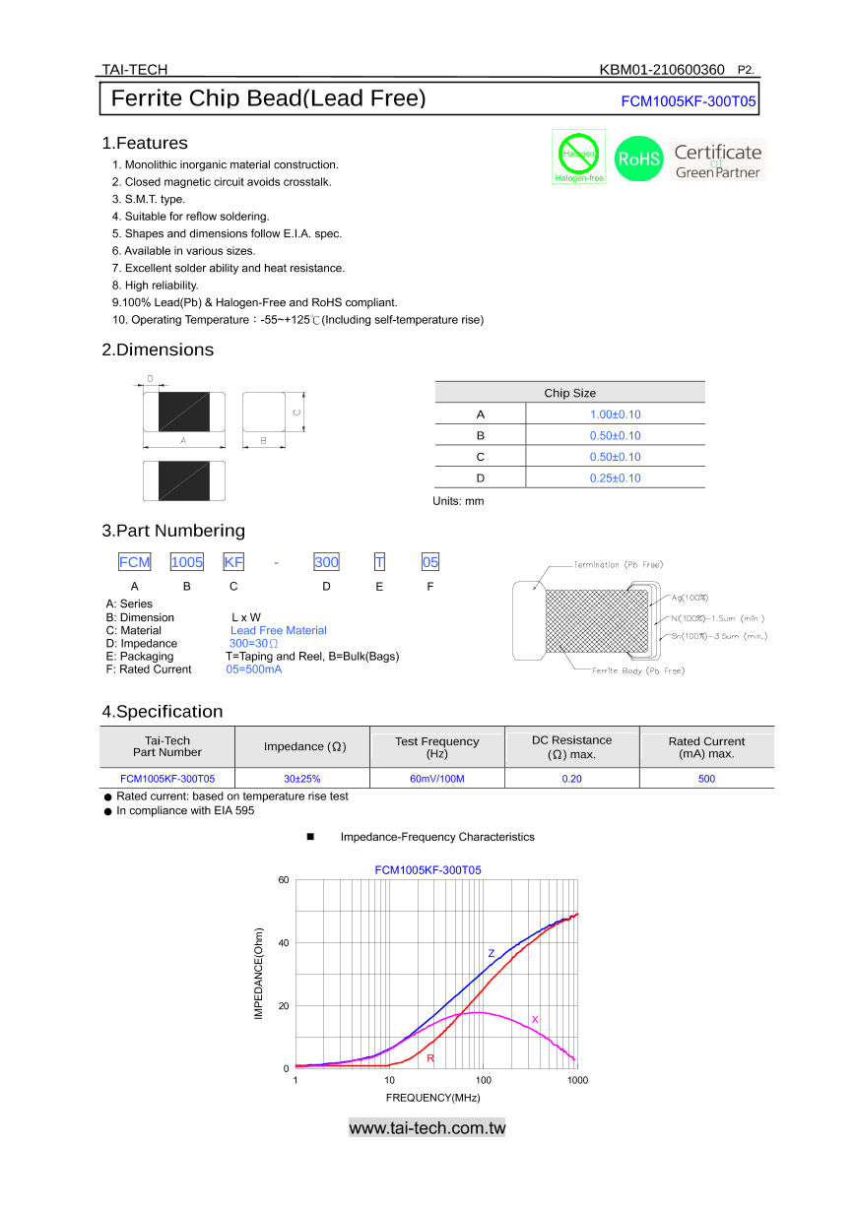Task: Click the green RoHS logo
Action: point(638,159)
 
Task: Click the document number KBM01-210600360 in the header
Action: point(661,69)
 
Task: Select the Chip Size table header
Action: point(569,393)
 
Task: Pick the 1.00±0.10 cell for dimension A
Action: point(615,414)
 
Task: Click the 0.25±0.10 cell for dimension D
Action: point(615,478)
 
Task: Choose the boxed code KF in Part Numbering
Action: point(233,562)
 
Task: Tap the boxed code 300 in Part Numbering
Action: point(326,562)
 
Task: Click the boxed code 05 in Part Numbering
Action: point(430,562)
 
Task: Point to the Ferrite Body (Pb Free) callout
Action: point(637,670)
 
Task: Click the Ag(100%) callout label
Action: point(691,598)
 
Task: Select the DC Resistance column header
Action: point(571,747)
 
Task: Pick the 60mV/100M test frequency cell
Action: point(436,779)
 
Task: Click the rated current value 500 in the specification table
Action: point(706,779)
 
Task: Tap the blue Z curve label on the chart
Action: point(492,953)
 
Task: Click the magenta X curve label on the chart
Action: point(535,1019)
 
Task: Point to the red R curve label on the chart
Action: point(430,1058)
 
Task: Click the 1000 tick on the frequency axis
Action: point(577,1081)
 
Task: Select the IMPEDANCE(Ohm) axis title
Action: point(259,973)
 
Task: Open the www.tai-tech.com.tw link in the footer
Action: point(427,1128)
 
